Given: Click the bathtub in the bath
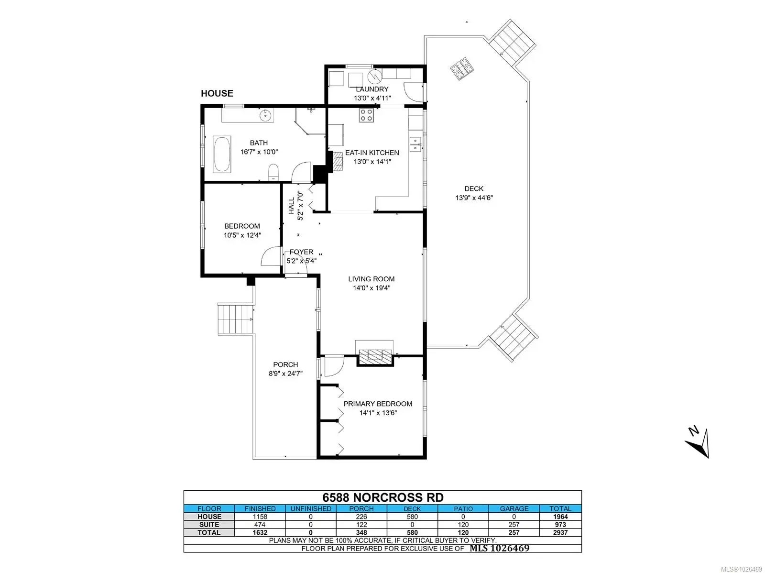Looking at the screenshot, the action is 221,154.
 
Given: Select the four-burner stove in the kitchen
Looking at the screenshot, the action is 366,115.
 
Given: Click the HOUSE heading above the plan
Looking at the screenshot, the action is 217,93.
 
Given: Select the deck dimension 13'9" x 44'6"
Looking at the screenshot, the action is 474,198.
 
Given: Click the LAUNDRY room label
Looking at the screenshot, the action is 372,89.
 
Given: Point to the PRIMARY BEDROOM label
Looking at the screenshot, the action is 377,404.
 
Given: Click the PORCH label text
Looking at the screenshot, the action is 285,364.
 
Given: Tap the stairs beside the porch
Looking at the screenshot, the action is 235,319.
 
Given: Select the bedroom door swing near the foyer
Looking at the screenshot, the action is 271,256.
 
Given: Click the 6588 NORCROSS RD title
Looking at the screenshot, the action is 382,497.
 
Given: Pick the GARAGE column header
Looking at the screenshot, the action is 514,508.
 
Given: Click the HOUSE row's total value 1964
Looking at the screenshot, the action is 560,517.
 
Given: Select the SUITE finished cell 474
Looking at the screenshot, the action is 260,525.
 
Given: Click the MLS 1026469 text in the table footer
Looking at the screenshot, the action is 499,548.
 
